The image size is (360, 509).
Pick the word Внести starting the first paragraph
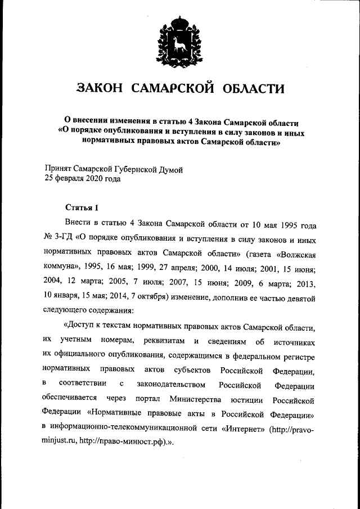click(x=78, y=224)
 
